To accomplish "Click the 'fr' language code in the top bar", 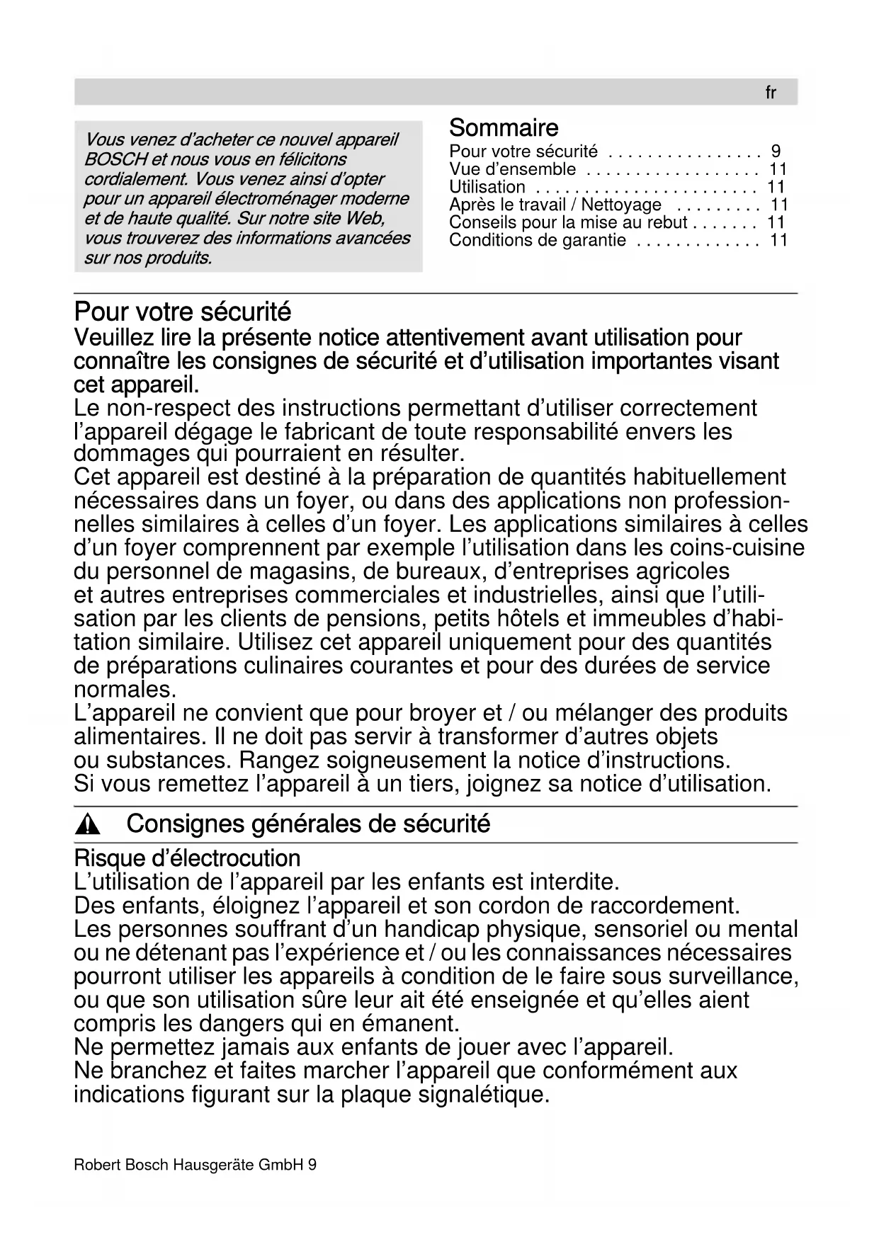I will coord(771,93).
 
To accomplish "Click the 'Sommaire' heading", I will coord(504,128).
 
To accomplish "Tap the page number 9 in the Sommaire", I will coord(776,152).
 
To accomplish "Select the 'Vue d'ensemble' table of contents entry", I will coord(512,169).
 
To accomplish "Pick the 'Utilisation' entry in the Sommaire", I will coord(487,187).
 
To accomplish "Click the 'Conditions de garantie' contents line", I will coord(538,241).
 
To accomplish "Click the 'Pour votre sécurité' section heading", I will coord(183,312).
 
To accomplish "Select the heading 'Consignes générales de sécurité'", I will coord(308,824).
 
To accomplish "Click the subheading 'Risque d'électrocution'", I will coord(187,858).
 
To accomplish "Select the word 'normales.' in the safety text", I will coord(125,689).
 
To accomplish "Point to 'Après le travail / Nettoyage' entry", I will coord(555,205).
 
